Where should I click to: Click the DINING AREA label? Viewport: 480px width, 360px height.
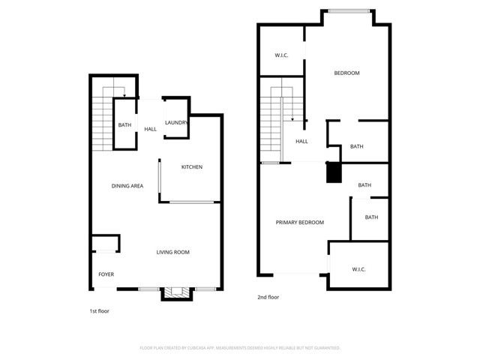[x=127, y=185]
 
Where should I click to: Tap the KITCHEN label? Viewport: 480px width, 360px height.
[x=192, y=166]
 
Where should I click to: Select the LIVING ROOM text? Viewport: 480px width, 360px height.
[x=172, y=252]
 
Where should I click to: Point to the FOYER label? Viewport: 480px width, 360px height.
[x=106, y=274]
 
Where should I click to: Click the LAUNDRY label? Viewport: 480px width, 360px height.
[x=176, y=123]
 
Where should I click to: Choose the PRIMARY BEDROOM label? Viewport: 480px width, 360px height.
[x=300, y=222]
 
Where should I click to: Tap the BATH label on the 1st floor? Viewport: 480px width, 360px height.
[x=124, y=125]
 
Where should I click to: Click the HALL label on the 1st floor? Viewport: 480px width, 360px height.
[x=151, y=129]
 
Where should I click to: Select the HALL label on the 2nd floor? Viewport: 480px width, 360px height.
[x=301, y=141]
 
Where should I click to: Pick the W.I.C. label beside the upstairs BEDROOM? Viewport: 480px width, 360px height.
[x=282, y=55]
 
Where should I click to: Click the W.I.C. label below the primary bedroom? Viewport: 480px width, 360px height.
[x=358, y=268]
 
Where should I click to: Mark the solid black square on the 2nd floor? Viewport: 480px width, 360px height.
[x=333, y=173]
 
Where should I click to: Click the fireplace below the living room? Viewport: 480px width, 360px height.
[x=178, y=293]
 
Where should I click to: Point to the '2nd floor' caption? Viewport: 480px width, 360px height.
[x=268, y=297]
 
